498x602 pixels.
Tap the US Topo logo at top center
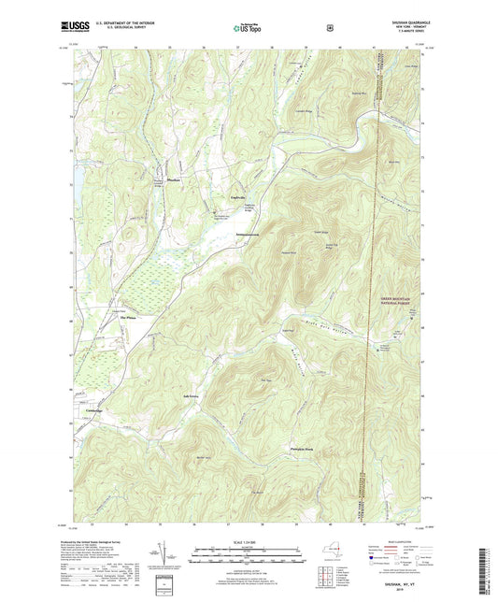[249, 29]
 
